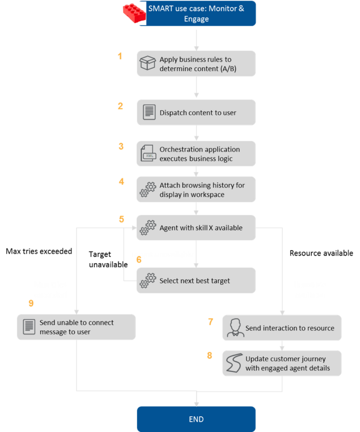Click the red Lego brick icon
pyautogui.click(x=134, y=13)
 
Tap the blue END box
pyautogui.click(x=196, y=419)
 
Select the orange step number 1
pyautogui.click(x=120, y=56)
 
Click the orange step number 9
pyautogui.click(x=31, y=304)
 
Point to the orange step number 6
pyautogui.click(x=139, y=259)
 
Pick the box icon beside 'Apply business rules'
pyautogui.click(x=147, y=63)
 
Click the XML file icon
pyautogui.click(x=148, y=153)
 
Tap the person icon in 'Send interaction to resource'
pyautogui.click(x=235, y=328)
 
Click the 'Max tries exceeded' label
pyautogui.click(x=39, y=251)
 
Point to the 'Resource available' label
pyautogui.click(x=321, y=253)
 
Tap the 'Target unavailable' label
pyautogui.click(x=108, y=259)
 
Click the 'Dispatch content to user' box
pyautogui.click(x=196, y=113)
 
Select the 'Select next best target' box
pyautogui.click(x=196, y=280)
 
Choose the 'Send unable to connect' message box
pyautogui.click(x=77, y=327)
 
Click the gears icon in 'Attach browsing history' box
pyautogui.click(x=148, y=189)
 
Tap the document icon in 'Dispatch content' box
pyautogui.click(x=149, y=112)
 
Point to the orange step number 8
pyautogui.click(x=210, y=356)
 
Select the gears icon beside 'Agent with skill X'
pyautogui.click(x=148, y=228)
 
